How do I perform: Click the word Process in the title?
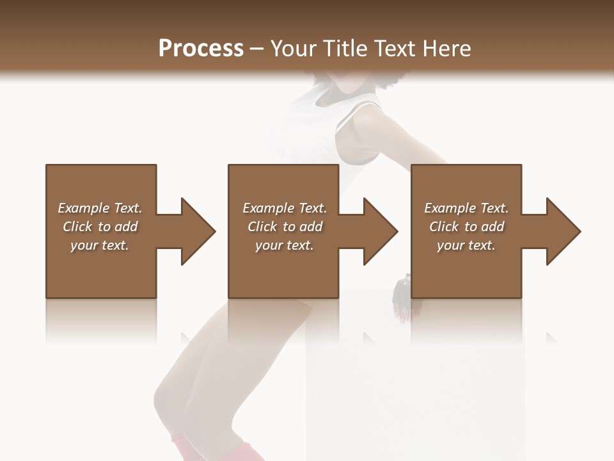point(201,49)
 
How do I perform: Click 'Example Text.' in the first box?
point(100,208)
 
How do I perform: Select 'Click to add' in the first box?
point(100,227)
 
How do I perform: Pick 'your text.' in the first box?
point(100,245)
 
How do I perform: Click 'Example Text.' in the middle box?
point(285,208)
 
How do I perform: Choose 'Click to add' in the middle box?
point(285,227)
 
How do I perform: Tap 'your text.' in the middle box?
point(285,245)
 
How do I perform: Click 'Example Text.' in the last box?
point(466,208)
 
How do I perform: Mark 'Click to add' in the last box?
point(466,227)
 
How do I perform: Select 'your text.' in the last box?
point(466,245)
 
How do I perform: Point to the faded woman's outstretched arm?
point(409,138)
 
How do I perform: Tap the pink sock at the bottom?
point(185,448)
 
